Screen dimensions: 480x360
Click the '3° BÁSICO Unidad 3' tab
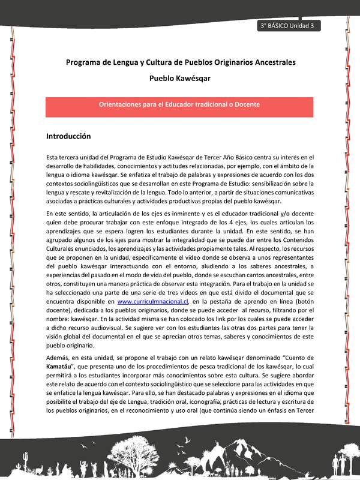pyautogui.click(x=287, y=26)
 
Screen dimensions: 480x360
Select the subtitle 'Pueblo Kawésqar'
pyautogui.click(x=179, y=78)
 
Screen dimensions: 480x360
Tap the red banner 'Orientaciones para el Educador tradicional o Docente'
pyautogui.click(x=179, y=104)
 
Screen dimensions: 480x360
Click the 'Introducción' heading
pyautogui.click(x=68, y=136)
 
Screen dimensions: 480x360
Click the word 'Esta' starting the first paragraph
pyautogui.click(x=53, y=157)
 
